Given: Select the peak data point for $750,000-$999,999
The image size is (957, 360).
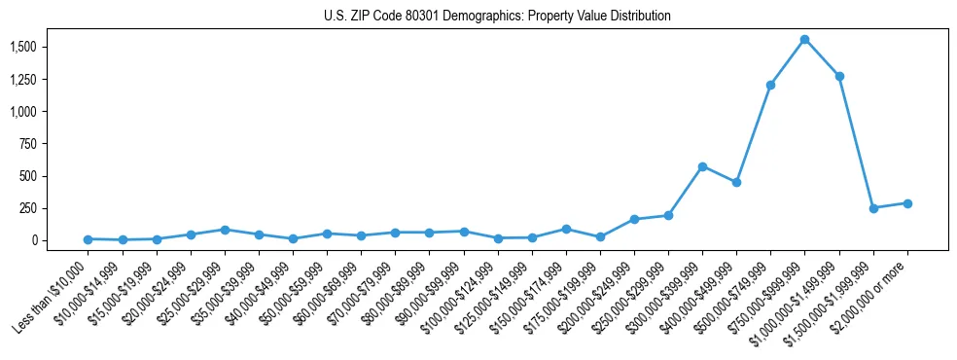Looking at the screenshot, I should pos(804,40).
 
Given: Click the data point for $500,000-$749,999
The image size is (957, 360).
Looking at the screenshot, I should pos(770,85).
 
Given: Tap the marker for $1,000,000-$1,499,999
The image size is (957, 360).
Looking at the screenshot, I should pos(839,76).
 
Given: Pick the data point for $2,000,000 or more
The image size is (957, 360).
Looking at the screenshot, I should pos(907,203).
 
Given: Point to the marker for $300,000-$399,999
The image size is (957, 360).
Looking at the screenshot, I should pos(702,166).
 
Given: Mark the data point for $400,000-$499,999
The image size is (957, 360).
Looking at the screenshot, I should pos(736,182).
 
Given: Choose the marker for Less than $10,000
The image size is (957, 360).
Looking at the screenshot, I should pos(88,239).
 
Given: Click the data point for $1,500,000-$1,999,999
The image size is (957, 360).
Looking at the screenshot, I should pos(873,208).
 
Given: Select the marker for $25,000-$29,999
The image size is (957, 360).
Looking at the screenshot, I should pos(225,230).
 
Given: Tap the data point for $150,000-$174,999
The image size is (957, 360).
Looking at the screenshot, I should pos(566,229).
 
